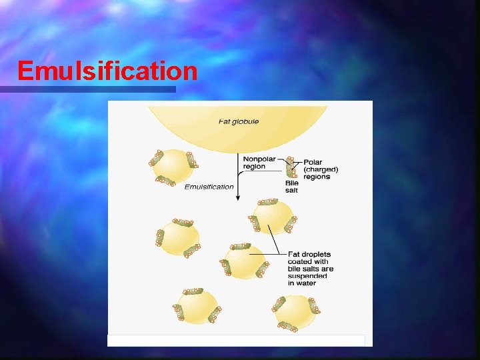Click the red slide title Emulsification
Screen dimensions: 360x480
107,70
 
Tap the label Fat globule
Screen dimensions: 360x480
239,121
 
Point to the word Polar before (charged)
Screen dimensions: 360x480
313,162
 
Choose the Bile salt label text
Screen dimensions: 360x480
292,187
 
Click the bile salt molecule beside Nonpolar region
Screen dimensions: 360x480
291,167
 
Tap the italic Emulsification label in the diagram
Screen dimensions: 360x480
209,187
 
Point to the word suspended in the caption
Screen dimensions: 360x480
307,276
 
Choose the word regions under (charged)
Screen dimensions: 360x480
317,177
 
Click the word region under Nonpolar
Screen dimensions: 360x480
254,167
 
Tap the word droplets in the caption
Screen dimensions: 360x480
315,254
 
